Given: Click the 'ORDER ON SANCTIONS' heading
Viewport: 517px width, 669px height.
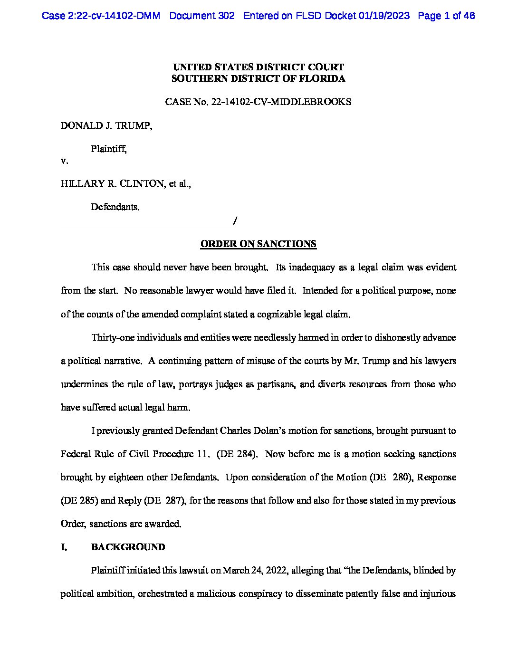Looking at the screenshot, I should (x=258, y=244).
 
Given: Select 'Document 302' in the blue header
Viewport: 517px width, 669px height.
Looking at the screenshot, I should (x=201, y=16).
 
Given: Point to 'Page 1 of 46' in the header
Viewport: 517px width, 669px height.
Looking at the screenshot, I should (x=446, y=16).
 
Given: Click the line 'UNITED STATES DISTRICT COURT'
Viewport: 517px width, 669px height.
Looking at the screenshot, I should (x=258, y=67).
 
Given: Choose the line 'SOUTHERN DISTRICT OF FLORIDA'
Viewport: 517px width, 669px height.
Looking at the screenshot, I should (x=258, y=79).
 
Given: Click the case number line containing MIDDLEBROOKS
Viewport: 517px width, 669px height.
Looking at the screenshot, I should (x=258, y=102).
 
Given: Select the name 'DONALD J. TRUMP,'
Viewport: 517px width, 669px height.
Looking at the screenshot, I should (x=106, y=126).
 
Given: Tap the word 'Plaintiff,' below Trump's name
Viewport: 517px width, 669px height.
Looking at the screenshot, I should (x=109, y=149).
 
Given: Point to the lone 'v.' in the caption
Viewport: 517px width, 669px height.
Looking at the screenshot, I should (x=64, y=161).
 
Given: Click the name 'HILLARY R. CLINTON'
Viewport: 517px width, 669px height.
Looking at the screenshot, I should (x=112, y=184).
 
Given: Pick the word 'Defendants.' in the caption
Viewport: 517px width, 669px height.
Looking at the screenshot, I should (x=115, y=207).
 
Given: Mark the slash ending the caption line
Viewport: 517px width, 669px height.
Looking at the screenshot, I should (x=235, y=220).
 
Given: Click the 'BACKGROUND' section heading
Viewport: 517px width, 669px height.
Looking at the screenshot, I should (x=128, y=547).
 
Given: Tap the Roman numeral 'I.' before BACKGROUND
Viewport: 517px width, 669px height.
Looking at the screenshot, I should (x=64, y=547).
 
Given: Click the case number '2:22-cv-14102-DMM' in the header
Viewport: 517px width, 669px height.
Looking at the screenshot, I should (x=101, y=16).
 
